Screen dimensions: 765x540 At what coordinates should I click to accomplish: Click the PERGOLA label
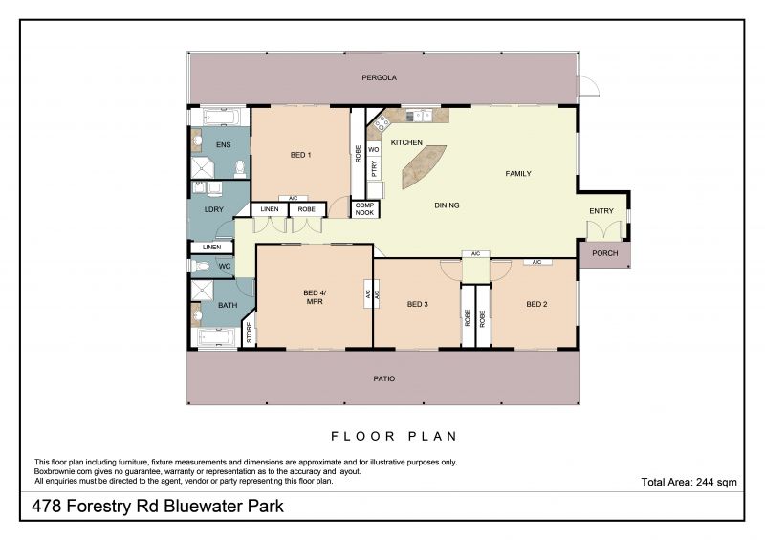[379, 77]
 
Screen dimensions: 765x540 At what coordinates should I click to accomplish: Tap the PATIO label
[384, 378]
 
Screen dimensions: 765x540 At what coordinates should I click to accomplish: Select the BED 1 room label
[300, 155]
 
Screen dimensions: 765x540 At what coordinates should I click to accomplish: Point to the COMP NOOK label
[364, 209]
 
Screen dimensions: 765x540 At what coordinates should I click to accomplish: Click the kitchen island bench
[423, 166]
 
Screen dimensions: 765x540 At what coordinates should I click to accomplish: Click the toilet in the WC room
[200, 267]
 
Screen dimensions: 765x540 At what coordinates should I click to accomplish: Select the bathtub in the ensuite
[221, 117]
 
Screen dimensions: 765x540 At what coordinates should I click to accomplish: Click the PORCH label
[605, 253]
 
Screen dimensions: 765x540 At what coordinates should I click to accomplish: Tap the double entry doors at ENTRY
[604, 230]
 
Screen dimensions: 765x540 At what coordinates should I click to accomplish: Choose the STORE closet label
[249, 333]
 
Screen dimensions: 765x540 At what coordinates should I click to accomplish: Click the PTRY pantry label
[374, 169]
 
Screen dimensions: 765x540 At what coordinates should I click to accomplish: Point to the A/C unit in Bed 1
[293, 198]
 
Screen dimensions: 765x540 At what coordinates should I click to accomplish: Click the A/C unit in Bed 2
[537, 262]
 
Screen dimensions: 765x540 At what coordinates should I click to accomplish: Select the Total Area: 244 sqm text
[688, 482]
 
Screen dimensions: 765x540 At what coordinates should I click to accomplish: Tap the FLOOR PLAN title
[394, 436]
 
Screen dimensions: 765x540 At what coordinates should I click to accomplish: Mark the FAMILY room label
[518, 174]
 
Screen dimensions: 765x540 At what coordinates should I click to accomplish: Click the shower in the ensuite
[203, 168]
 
